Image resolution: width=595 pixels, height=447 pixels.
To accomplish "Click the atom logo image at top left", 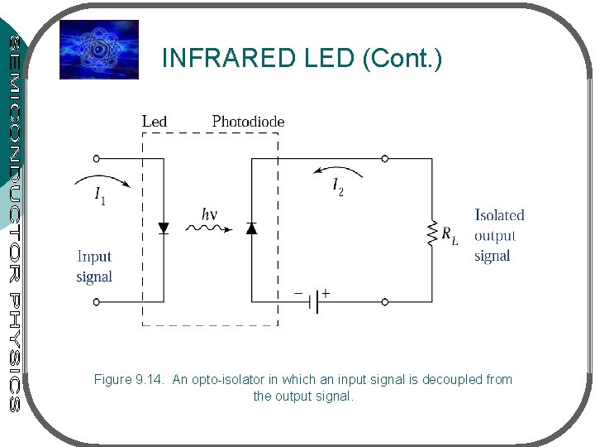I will coord(99,50).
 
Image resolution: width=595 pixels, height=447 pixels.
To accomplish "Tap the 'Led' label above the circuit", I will coord(155,122).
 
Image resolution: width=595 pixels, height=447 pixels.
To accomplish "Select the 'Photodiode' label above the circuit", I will coord(248,122).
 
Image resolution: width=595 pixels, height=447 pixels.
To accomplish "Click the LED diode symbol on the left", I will coord(163,228).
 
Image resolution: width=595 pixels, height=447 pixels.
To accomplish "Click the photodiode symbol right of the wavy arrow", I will coord(250,228).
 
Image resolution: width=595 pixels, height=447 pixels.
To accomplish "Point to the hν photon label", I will coord(210,214).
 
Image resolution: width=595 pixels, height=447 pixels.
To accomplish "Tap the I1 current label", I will coord(100,196).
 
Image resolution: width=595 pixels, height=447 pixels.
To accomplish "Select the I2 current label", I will coord(338,188).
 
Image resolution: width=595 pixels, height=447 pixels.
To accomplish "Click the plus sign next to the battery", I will coord(326,292).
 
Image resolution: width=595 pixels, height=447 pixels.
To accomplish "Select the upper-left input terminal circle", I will coord(97,158).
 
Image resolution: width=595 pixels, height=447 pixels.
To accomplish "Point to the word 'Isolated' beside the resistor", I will coord(499,215).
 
